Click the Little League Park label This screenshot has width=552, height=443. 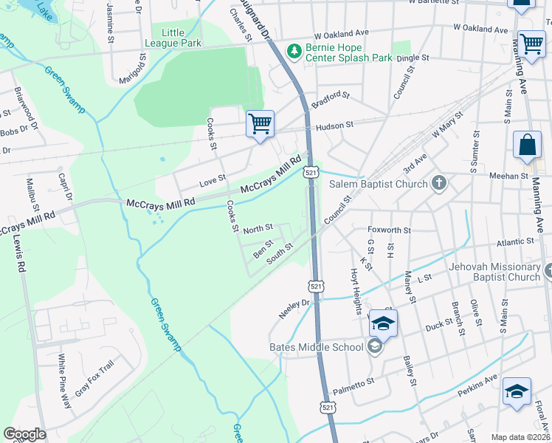[182, 38]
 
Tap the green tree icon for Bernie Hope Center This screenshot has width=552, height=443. [294, 50]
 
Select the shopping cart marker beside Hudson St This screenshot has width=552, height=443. [260, 123]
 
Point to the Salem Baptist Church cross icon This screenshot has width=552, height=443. [439, 182]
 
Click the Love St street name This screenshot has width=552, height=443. [213, 178]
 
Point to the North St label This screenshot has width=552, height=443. [258, 227]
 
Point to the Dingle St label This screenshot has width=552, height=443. [413, 58]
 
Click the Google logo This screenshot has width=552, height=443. [24, 434]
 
